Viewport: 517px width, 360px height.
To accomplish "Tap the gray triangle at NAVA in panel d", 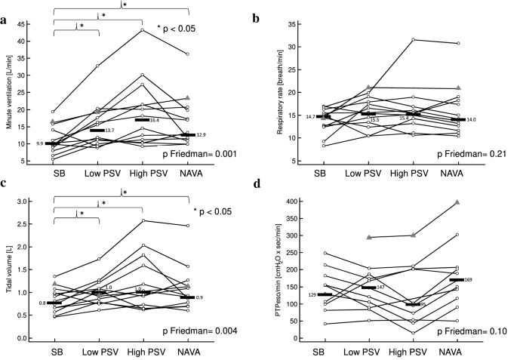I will tap(479, 203).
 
